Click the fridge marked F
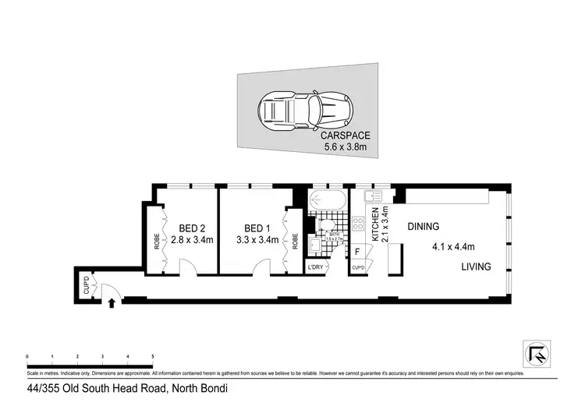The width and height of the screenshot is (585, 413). (357, 251)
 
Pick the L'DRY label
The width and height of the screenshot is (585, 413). (315, 267)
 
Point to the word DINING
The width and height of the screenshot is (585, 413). (424, 227)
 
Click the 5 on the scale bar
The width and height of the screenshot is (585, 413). (153, 356)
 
